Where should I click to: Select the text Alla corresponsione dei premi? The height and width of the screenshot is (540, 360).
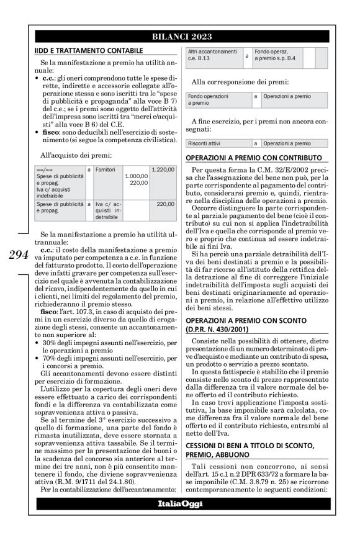[240, 81]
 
